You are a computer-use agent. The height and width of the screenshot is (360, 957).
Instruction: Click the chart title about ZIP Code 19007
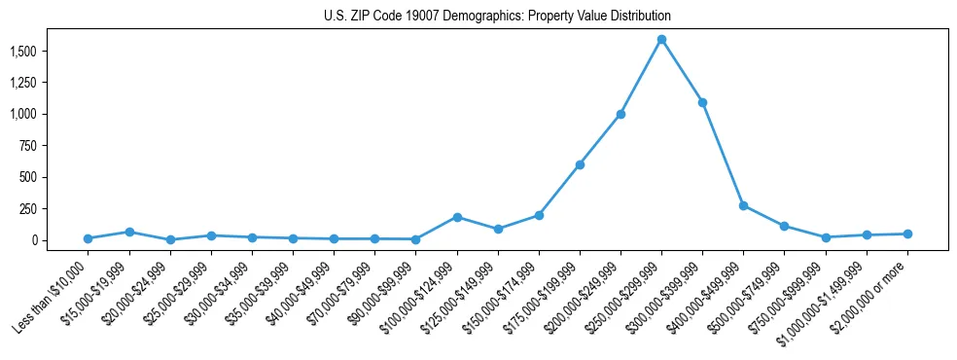[497, 17]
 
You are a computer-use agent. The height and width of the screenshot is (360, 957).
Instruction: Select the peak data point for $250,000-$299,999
[661, 40]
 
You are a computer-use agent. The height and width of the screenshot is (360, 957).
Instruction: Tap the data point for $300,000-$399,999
[702, 102]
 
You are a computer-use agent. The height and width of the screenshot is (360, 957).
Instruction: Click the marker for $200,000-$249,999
[620, 114]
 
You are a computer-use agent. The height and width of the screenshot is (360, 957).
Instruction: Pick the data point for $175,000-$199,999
[580, 164]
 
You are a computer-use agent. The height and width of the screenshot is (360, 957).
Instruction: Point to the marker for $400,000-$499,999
[743, 206]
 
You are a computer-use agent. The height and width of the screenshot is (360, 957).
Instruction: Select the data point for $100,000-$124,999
[457, 217]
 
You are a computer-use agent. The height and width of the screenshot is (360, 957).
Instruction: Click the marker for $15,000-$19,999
[129, 232]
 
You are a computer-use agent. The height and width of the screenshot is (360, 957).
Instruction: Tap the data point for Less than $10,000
[89, 238]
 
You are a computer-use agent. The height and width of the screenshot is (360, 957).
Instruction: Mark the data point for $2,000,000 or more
[907, 234]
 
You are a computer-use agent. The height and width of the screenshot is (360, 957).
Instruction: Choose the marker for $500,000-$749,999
[784, 226]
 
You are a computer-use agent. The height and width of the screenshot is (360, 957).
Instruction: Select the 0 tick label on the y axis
[59, 240]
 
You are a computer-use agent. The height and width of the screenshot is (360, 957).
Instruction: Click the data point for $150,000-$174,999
[539, 215]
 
